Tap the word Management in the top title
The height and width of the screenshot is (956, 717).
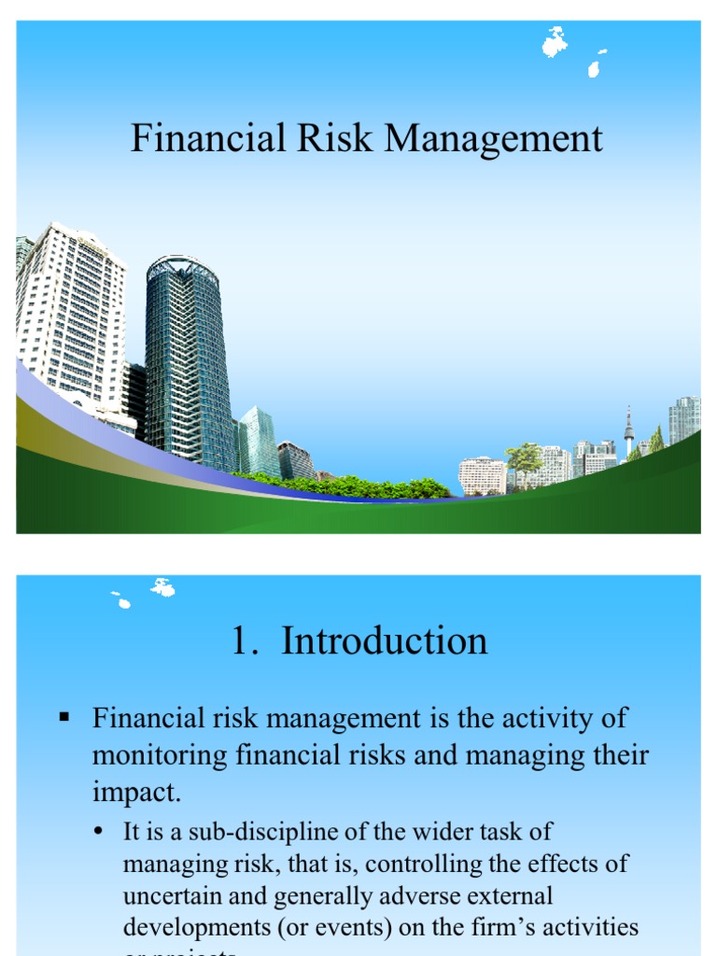point(495,139)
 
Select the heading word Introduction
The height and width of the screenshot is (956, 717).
point(385,641)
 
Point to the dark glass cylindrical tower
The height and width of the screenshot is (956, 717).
point(187,364)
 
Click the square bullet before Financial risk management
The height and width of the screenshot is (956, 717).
point(64,717)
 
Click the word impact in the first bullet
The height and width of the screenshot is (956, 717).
point(135,792)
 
